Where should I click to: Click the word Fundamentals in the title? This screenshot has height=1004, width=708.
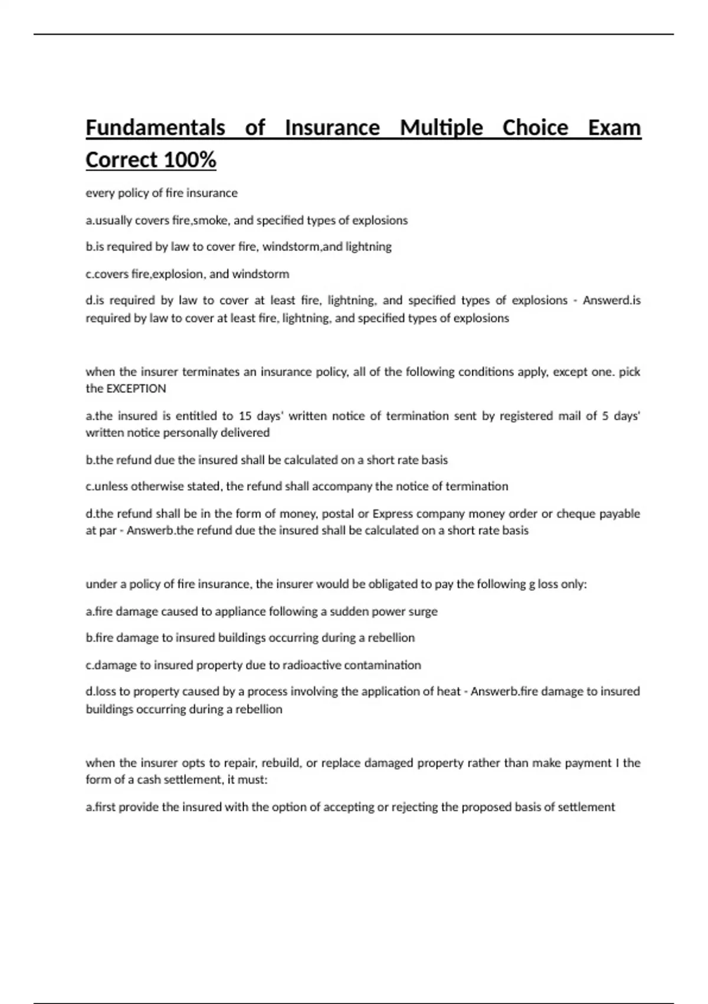pyautogui.click(x=155, y=128)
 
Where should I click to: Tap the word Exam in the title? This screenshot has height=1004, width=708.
pyautogui.click(x=614, y=128)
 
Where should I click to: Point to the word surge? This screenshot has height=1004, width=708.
pyautogui.click(x=424, y=611)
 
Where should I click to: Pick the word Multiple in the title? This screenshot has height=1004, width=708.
pyautogui.click(x=441, y=128)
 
